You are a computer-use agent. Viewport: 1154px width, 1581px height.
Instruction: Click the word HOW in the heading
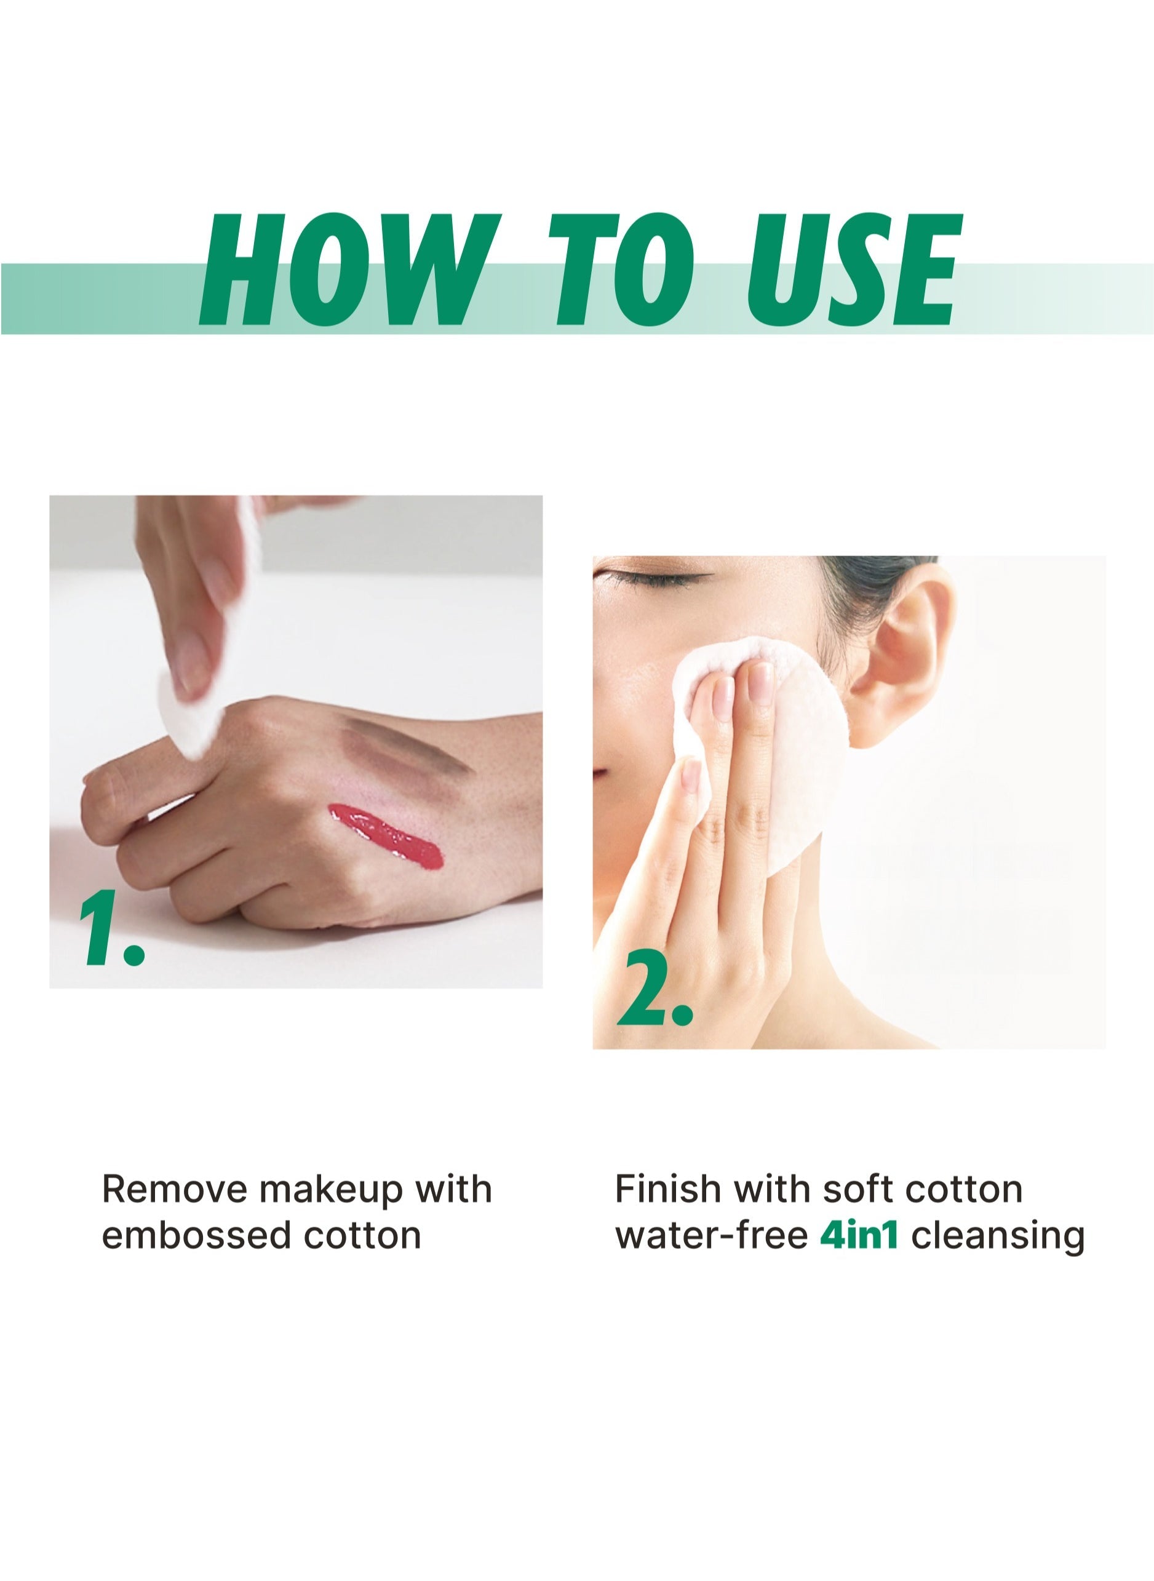[351, 271]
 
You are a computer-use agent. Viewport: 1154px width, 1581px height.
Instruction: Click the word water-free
[711, 1235]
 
